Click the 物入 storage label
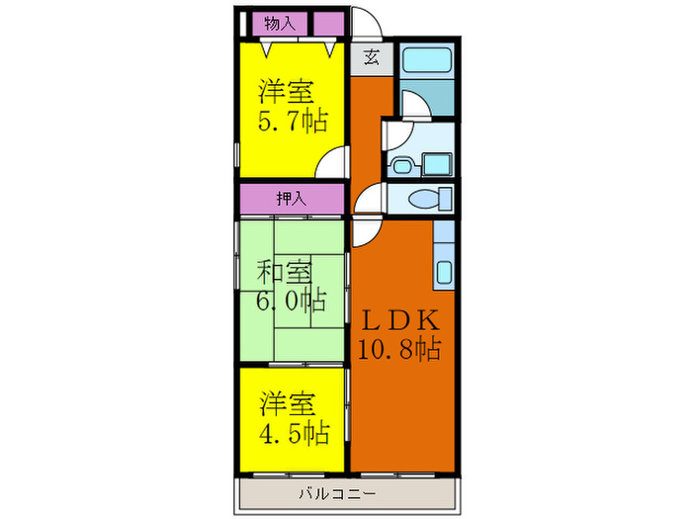[280, 23]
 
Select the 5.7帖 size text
[293, 122]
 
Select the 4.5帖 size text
[295, 432]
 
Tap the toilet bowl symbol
[428, 200]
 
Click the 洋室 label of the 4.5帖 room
[288, 403]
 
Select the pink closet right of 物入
[328, 23]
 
